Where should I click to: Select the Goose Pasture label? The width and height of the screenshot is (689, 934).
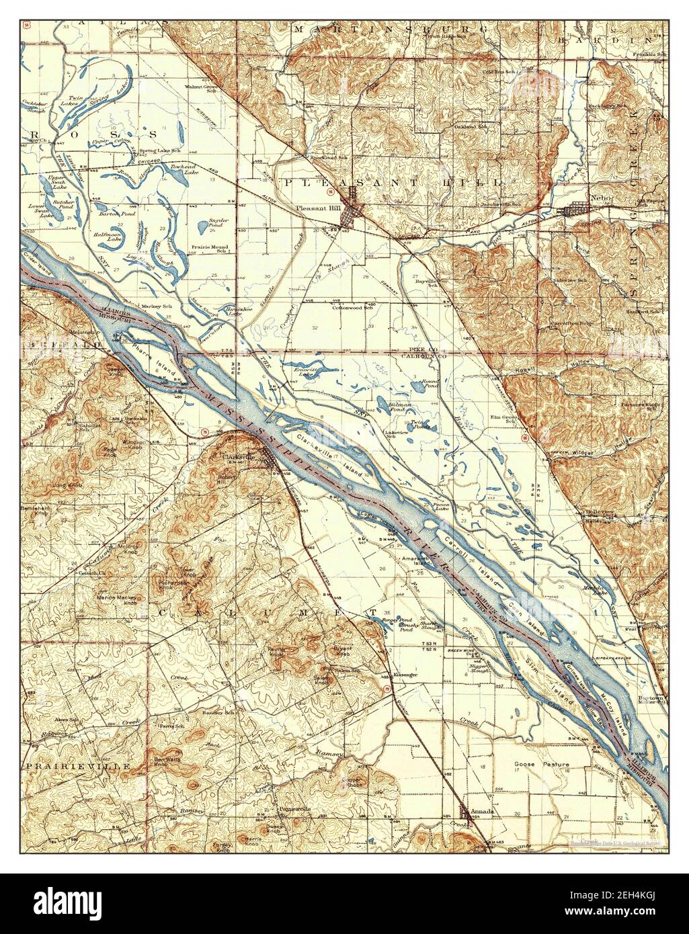tap(541, 765)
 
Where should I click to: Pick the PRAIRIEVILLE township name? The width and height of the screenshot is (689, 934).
tap(64, 765)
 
